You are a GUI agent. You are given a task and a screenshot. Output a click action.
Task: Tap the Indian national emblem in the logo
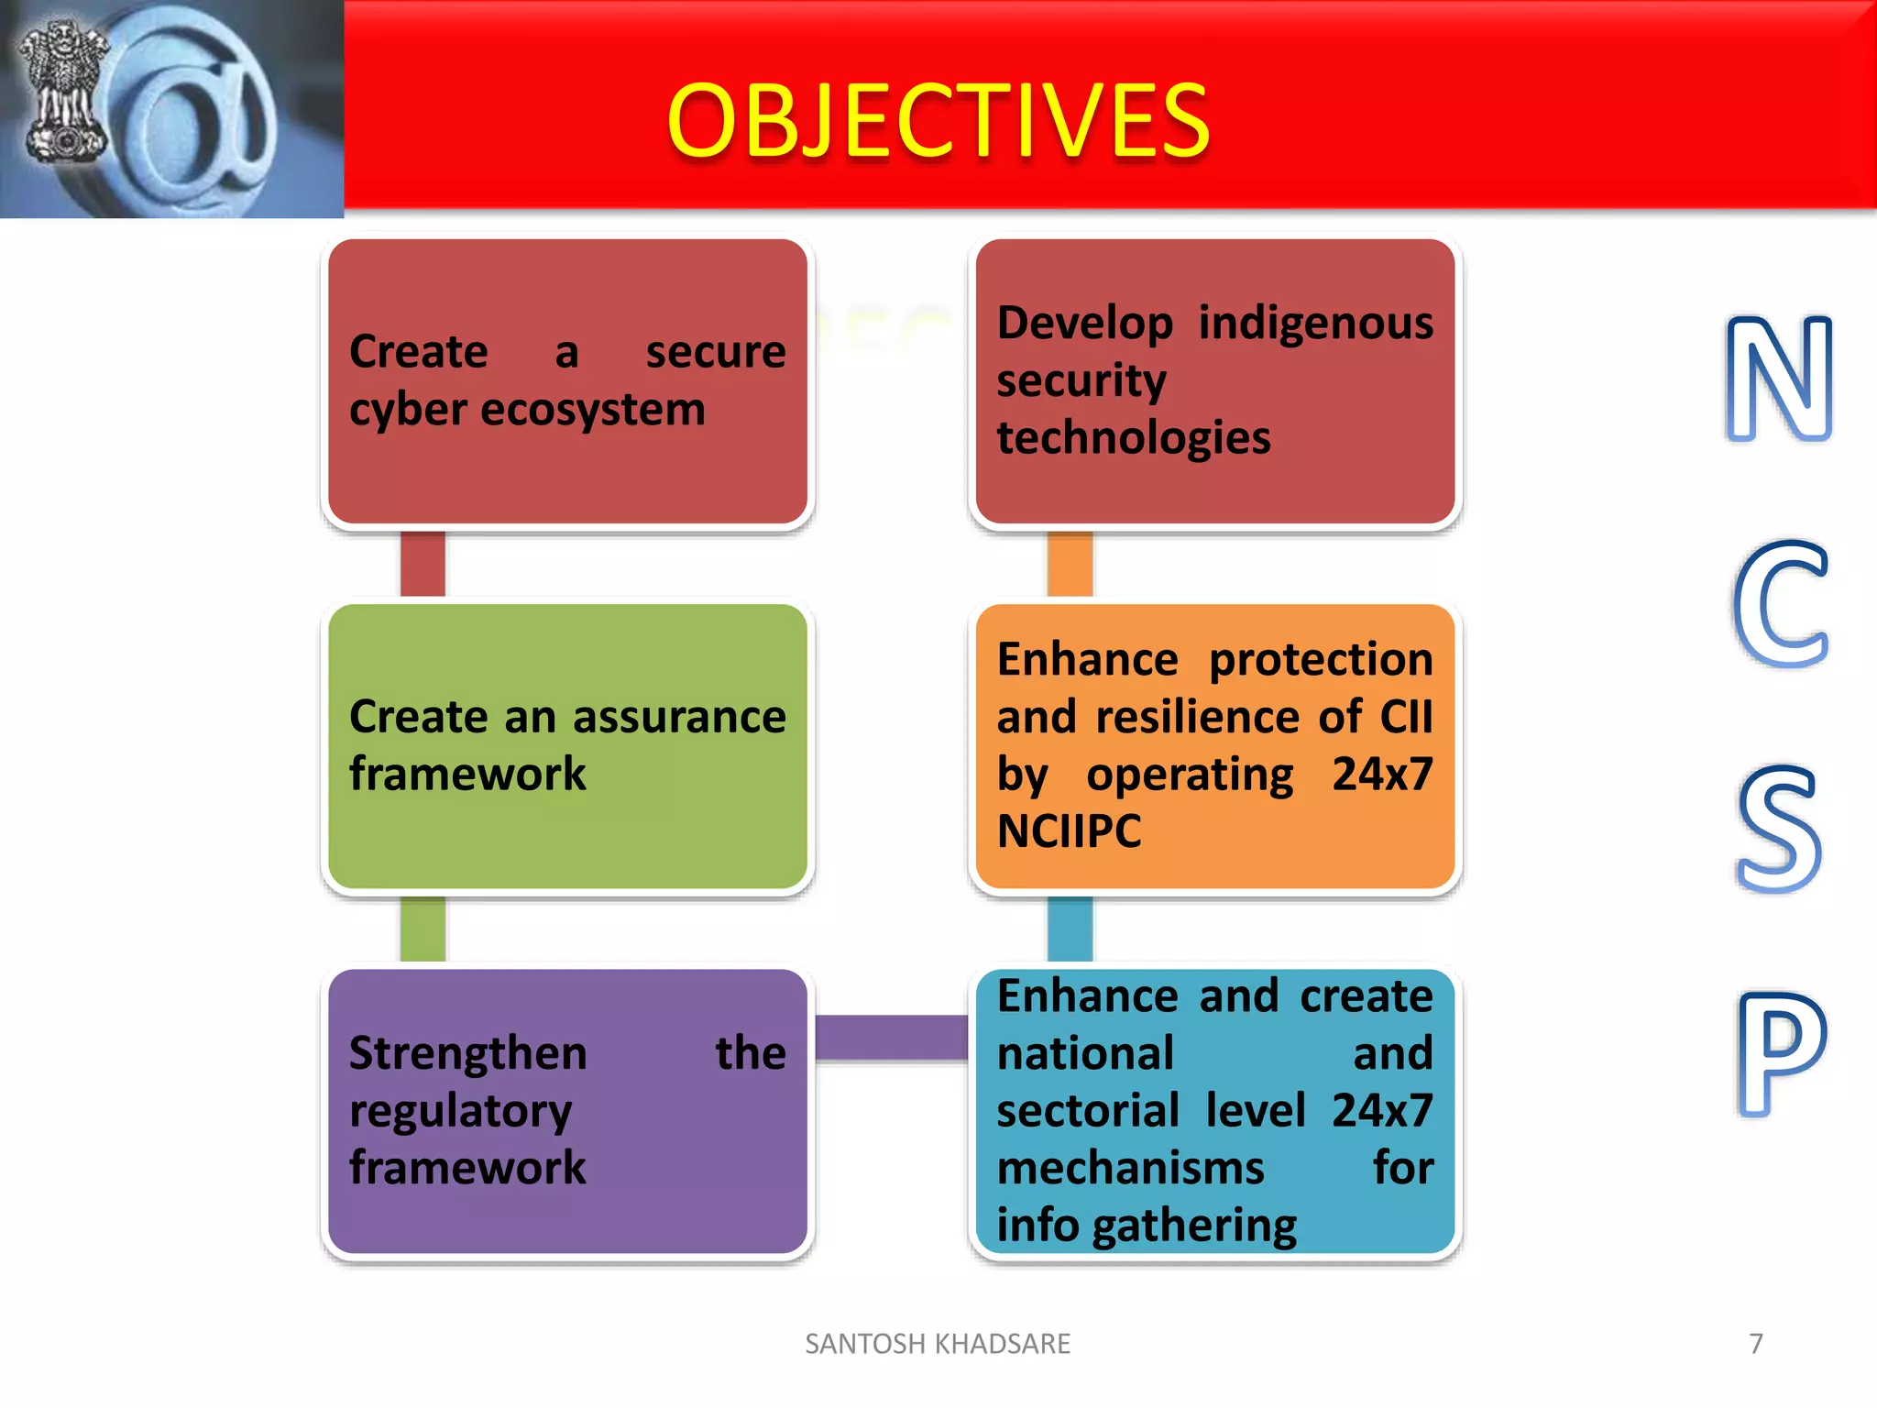click(62, 92)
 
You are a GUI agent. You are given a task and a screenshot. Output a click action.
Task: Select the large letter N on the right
click(1778, 378)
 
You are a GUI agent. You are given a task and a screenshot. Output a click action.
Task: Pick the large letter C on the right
click(1780, 604)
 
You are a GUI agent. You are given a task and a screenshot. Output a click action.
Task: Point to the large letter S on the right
click(1778, 830)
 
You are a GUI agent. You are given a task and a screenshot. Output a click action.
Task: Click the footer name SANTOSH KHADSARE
click(938, 1344)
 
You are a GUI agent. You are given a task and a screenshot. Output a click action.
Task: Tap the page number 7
click(1756, 1344)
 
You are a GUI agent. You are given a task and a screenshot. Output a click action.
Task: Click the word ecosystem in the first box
click(593, 410)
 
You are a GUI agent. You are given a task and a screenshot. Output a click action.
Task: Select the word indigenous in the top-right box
click(1315, 324)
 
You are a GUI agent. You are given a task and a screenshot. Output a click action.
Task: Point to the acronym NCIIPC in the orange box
click(1069, 831)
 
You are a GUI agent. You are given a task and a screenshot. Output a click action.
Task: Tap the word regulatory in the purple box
click(460, 1112)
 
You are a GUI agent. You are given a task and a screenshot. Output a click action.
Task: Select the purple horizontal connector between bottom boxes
click(891, 1038)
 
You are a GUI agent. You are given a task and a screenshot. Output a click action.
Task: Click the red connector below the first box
click(423, 563)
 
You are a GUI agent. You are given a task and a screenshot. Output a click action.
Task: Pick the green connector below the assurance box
click(423, 929)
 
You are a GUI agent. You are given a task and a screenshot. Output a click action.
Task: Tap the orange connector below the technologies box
click(1070, 563)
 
